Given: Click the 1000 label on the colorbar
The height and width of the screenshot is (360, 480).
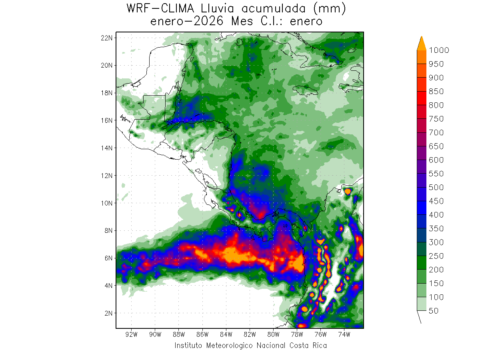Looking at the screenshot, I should click(439, 50).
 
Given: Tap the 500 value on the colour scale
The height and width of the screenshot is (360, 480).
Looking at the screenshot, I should click(436, 187).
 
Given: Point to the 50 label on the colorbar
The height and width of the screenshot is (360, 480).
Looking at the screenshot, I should click(434, 311).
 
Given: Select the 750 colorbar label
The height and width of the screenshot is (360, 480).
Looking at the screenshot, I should click(436, 119).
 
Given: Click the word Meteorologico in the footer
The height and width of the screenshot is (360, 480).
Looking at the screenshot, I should click(230, 346).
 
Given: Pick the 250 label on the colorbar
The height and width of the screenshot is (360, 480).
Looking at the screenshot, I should click(436, 256).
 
